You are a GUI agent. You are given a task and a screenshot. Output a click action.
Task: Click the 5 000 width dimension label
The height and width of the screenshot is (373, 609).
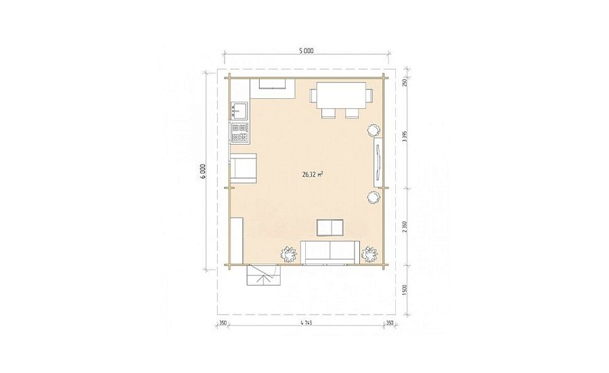(306, 51)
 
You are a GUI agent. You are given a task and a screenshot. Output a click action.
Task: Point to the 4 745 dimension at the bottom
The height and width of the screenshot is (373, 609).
(306, 322)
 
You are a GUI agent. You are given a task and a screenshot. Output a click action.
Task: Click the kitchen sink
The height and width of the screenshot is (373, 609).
(240, 110)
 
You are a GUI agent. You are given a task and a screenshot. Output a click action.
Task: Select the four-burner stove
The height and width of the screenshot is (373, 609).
(240, 133)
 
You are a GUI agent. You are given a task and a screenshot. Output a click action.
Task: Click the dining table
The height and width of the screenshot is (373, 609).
(342, 95)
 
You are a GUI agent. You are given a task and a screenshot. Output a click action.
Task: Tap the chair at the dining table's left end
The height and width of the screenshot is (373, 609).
(313, 95)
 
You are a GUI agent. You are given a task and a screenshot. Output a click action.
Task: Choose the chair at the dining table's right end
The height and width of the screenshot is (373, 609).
(369, 95)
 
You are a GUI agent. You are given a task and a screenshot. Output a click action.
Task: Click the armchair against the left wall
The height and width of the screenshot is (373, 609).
(244, 167)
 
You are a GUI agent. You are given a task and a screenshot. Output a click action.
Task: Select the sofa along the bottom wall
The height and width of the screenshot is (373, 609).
(330, 252)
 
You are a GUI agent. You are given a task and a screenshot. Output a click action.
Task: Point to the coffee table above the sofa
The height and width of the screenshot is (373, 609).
(330, 227)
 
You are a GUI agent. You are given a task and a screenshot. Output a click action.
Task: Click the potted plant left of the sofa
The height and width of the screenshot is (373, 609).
(288, 255)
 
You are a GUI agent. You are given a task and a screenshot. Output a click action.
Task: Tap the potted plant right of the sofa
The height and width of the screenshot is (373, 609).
(369, 255)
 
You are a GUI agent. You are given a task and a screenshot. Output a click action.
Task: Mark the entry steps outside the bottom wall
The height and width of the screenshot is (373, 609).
(263, 275)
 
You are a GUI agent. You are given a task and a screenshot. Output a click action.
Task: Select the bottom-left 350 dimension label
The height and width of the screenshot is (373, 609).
(223, 322)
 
